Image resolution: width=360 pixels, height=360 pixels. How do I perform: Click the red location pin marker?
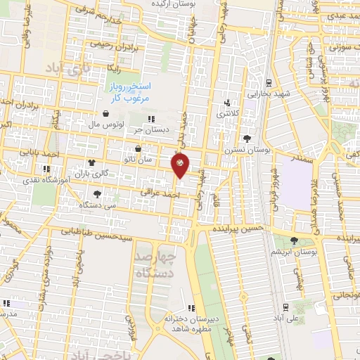[181, 166]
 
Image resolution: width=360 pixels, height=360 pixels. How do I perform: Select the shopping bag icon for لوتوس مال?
[105, 114]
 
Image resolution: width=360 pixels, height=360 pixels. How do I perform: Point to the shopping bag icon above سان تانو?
[137, 149]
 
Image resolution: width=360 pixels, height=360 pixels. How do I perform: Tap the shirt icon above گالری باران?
[92, 162]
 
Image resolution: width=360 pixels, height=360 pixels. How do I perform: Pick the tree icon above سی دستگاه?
[97, 194]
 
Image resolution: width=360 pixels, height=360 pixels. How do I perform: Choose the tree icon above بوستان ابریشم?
[295, 240]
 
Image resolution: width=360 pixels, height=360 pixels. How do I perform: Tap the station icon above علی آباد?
[287, 306]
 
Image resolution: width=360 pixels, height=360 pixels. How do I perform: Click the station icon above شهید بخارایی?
[268, 82]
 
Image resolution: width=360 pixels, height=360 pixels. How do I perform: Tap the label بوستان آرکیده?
[173, 5]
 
